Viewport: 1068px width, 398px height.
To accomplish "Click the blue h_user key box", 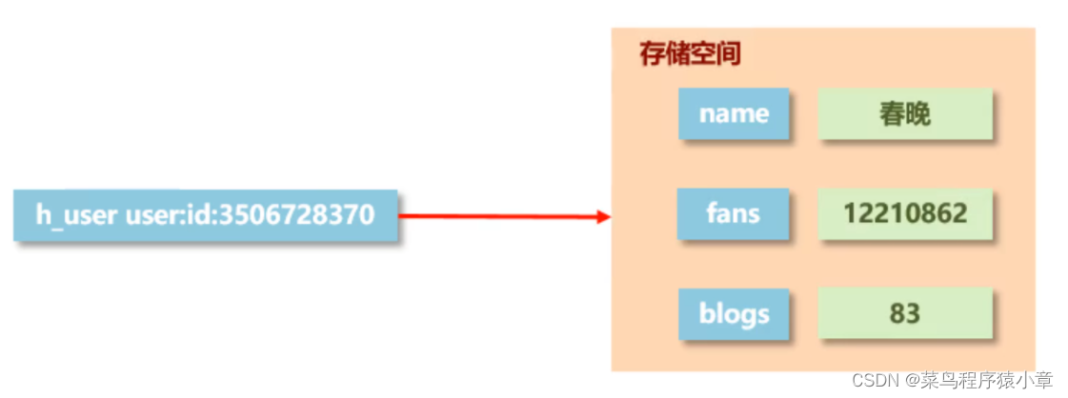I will point(205,214).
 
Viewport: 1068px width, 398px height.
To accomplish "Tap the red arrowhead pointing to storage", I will point(602,216).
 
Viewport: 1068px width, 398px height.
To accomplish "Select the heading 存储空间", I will point(690,53).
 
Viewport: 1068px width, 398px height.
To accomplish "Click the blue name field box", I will point(734,114).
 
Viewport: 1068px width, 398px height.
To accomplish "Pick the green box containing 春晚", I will point(905,115).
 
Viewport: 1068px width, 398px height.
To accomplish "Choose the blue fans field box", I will point(734,213).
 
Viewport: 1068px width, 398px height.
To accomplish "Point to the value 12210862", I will point(905,213).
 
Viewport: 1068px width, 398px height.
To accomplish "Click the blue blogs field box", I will point(734,313).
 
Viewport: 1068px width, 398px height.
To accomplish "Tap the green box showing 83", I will point(905,313).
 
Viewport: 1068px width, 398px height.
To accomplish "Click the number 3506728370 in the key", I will point(296,214).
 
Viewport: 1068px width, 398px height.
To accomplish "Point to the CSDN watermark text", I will point(876,381).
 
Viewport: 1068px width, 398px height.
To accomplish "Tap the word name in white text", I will point(734,114).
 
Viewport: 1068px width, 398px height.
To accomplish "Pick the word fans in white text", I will point(734,213).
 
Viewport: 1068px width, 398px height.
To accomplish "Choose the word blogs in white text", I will point(734,313).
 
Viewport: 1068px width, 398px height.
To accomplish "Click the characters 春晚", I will point(905,115).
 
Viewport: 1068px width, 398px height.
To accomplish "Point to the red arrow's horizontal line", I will point(495,216).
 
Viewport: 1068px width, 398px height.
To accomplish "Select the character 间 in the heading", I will point(729,53).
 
